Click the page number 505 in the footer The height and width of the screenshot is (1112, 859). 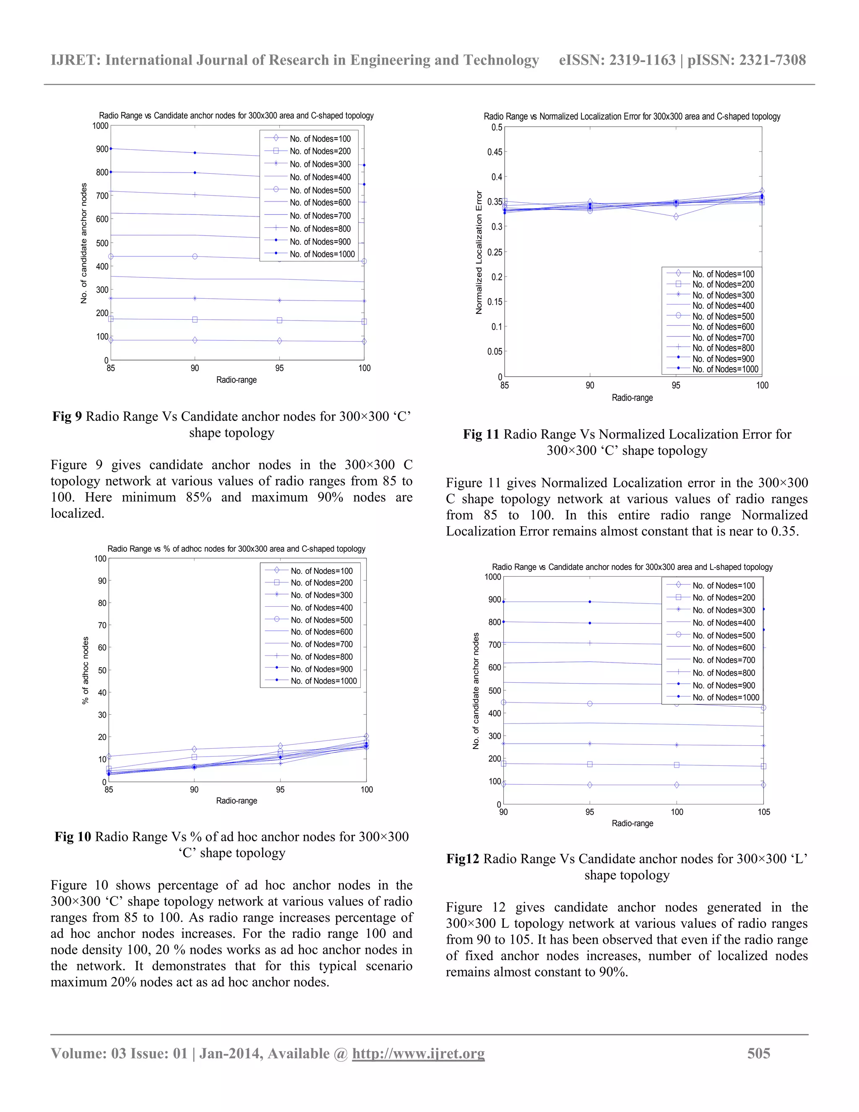pyautogui.click(x=758, y=1053)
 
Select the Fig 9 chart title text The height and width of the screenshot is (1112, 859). pyautogui.click(x=236, y=115)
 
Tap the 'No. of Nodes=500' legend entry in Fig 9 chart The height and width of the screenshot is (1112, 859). pyautogui.click(x=320, y=190)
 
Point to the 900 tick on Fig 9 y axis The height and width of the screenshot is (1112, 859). pyautogui.click(x=102, y=149)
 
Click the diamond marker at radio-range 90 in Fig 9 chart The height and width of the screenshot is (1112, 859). pyautogui.click(x=195, y=340)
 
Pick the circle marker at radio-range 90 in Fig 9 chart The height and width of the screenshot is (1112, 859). pyautogui.click(x=195, y=257)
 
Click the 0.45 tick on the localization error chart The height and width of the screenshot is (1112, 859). pyautogui.click(x=494, y=152)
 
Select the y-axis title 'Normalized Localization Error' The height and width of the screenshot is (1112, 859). pyautogui.click(x=478, y=253)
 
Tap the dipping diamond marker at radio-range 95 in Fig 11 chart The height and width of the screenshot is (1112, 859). pyautogui.click(x=676, y=217)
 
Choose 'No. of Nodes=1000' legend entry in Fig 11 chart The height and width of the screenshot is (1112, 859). pyautogui.click(x=725, y=369)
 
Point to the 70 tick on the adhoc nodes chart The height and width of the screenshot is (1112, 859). pyautogui.click(x=102, y=625)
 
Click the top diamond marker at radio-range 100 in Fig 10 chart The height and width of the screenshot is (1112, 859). pyautogui.click(x=367, y=736)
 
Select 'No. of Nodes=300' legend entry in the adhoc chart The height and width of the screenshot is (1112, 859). pyautogui.click(x=321, y=595)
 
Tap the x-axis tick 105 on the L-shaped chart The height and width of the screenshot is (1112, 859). pyautogui.click(x=763, y=812)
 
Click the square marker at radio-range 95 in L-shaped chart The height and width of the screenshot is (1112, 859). pyautogui.click(x=590, y=764)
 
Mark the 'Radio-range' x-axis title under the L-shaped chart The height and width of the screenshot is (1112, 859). pyautogui.click(x=632, y=823)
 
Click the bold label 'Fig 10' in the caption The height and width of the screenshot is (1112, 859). pyautogui.click(x=73, y=837)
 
